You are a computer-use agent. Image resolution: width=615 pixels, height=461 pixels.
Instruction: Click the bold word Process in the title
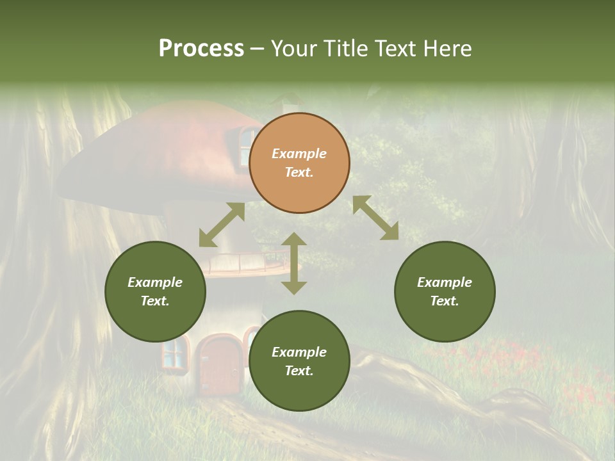[x=201, y=48]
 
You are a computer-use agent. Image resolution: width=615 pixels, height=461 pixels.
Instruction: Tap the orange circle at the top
[x=299, y=163]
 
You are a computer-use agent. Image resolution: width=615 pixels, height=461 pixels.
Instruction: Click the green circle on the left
[x=155, y=291]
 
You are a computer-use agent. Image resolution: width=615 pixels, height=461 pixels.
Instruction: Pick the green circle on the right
[x=445, y=291]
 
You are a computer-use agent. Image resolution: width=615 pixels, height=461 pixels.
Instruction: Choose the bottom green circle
[x=299, y=360]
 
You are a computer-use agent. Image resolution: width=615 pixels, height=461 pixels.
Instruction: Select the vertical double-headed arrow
[x=294, y=263]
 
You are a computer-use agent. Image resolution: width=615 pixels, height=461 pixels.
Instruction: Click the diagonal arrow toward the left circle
[x=222, y=225]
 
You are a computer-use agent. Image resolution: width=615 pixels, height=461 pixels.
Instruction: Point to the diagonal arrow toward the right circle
[x=375, y=218]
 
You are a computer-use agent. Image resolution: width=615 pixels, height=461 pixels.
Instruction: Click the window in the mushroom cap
[x=247, y=144]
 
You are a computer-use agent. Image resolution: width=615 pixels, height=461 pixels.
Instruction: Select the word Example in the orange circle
[x=299, y=154]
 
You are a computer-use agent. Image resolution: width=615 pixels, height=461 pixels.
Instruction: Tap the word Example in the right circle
[x=445, y=282]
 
